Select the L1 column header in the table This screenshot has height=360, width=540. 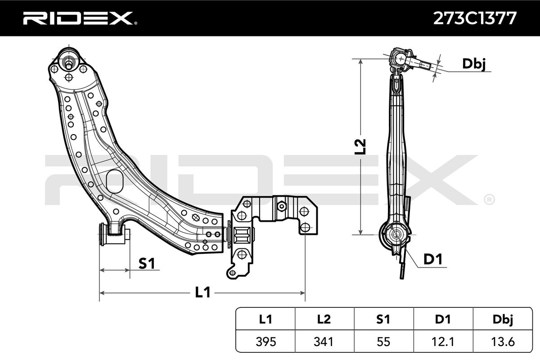(x=265, y=319)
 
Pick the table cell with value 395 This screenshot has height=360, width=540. (x=265, y=342)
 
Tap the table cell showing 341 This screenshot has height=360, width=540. (x=324, y=342)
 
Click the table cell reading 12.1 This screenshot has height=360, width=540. (x=443, y=342)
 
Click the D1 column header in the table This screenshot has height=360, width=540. (x=443, y=319)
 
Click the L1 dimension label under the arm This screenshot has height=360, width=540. (x=202, y=292)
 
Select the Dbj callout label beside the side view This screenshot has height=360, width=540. (x=474, y=64)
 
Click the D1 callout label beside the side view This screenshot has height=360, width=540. (x=433, y=259)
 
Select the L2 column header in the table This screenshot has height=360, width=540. (x=324, y=319)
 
